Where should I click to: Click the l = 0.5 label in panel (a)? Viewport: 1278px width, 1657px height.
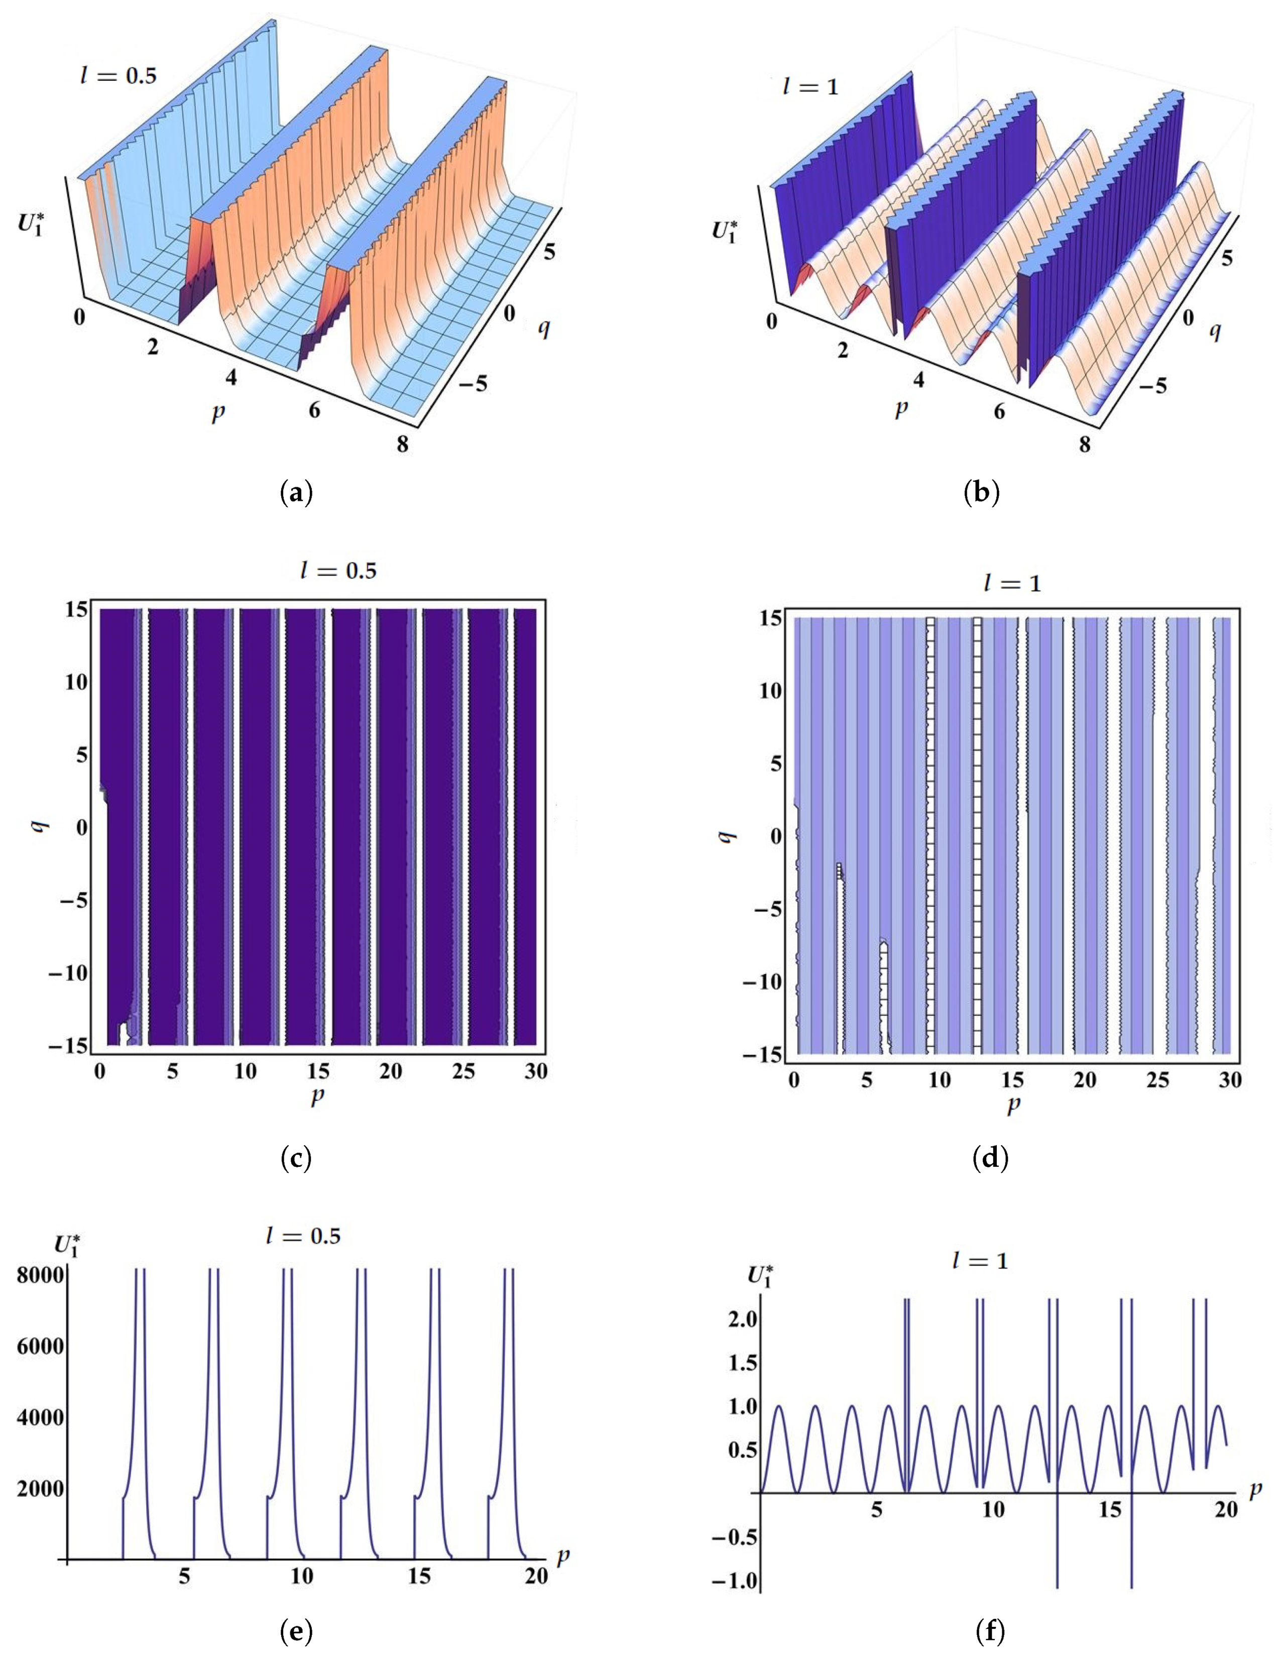click(x=119, y=75)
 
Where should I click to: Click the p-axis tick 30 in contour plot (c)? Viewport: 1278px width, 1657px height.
click(x=535, y=1071)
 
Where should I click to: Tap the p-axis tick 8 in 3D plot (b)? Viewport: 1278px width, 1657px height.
click(x=1085, y=444)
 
